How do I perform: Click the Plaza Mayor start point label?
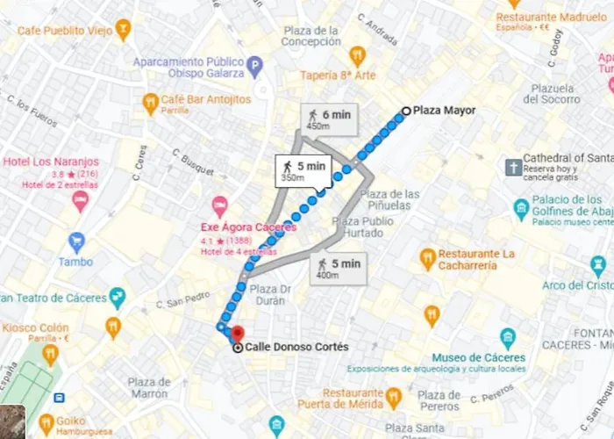[444, 111]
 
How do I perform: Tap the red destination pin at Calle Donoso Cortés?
[237, 334]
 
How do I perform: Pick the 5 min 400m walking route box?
[339, 268]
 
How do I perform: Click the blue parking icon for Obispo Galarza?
[254, 65]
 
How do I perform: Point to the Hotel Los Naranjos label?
[51, 162]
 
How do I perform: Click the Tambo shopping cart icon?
[76, 240]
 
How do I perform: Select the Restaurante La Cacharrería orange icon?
[427, 259]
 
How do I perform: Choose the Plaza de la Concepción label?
[311, 36]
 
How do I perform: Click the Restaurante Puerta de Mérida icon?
[393, 397]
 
